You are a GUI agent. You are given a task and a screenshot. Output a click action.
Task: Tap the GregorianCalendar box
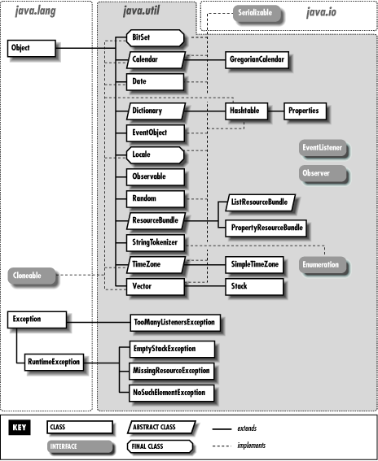[257, 59]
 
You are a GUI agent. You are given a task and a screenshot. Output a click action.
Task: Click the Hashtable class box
[246, 110]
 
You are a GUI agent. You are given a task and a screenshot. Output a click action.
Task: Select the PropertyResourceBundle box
[265, 228]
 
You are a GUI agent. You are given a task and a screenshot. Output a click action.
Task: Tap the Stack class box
[254, 287]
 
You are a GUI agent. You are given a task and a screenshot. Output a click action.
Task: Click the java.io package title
[322, 13]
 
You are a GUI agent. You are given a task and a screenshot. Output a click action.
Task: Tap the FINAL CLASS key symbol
[161, 446]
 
